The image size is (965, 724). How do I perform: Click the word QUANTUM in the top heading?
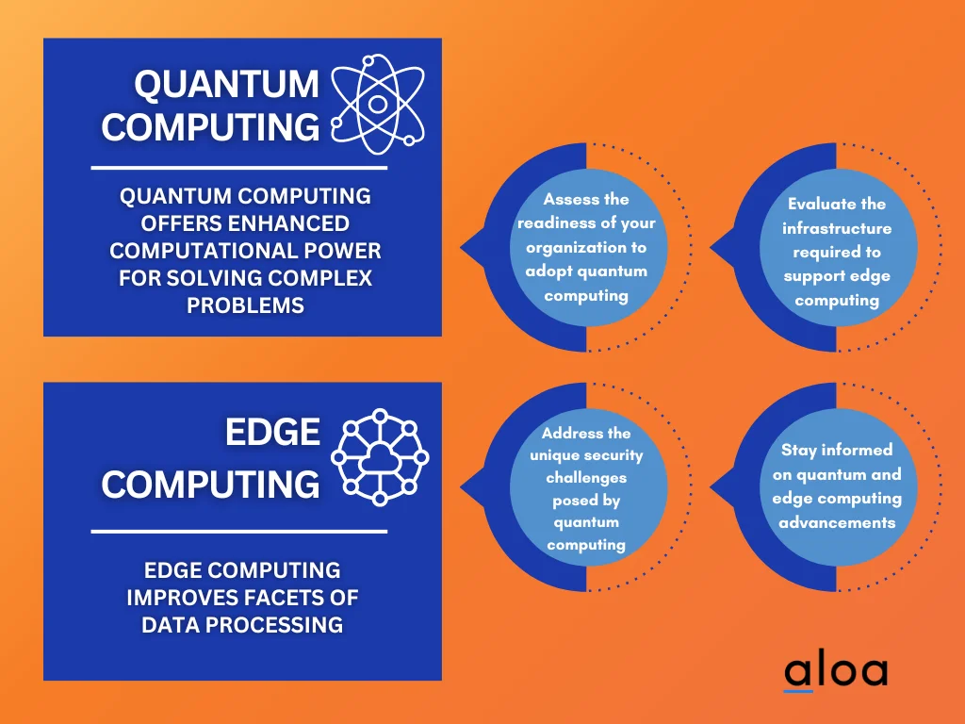226,85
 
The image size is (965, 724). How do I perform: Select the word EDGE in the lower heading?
272,432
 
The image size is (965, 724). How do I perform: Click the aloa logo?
836,670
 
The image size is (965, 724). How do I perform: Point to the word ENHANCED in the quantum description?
291,223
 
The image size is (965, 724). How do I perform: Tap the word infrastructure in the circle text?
837,228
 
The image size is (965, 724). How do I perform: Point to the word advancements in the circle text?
837,522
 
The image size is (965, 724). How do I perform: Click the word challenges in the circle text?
586,478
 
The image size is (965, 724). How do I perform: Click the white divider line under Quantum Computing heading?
238,168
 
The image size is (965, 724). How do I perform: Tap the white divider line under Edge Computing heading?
238,532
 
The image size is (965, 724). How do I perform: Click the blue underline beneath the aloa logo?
798,691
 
